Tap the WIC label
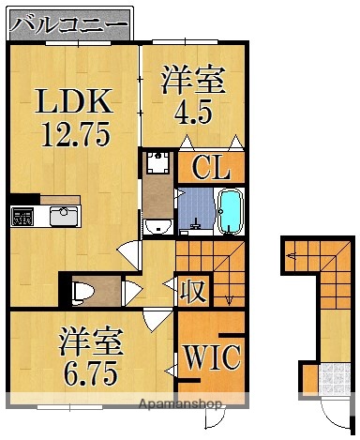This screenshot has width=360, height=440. [212, 357]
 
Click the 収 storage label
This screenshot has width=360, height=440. [193, 291]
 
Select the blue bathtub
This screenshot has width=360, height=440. [229, 210]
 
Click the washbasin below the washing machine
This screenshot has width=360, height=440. [159, 226]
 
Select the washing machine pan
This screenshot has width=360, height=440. [157, 164]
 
